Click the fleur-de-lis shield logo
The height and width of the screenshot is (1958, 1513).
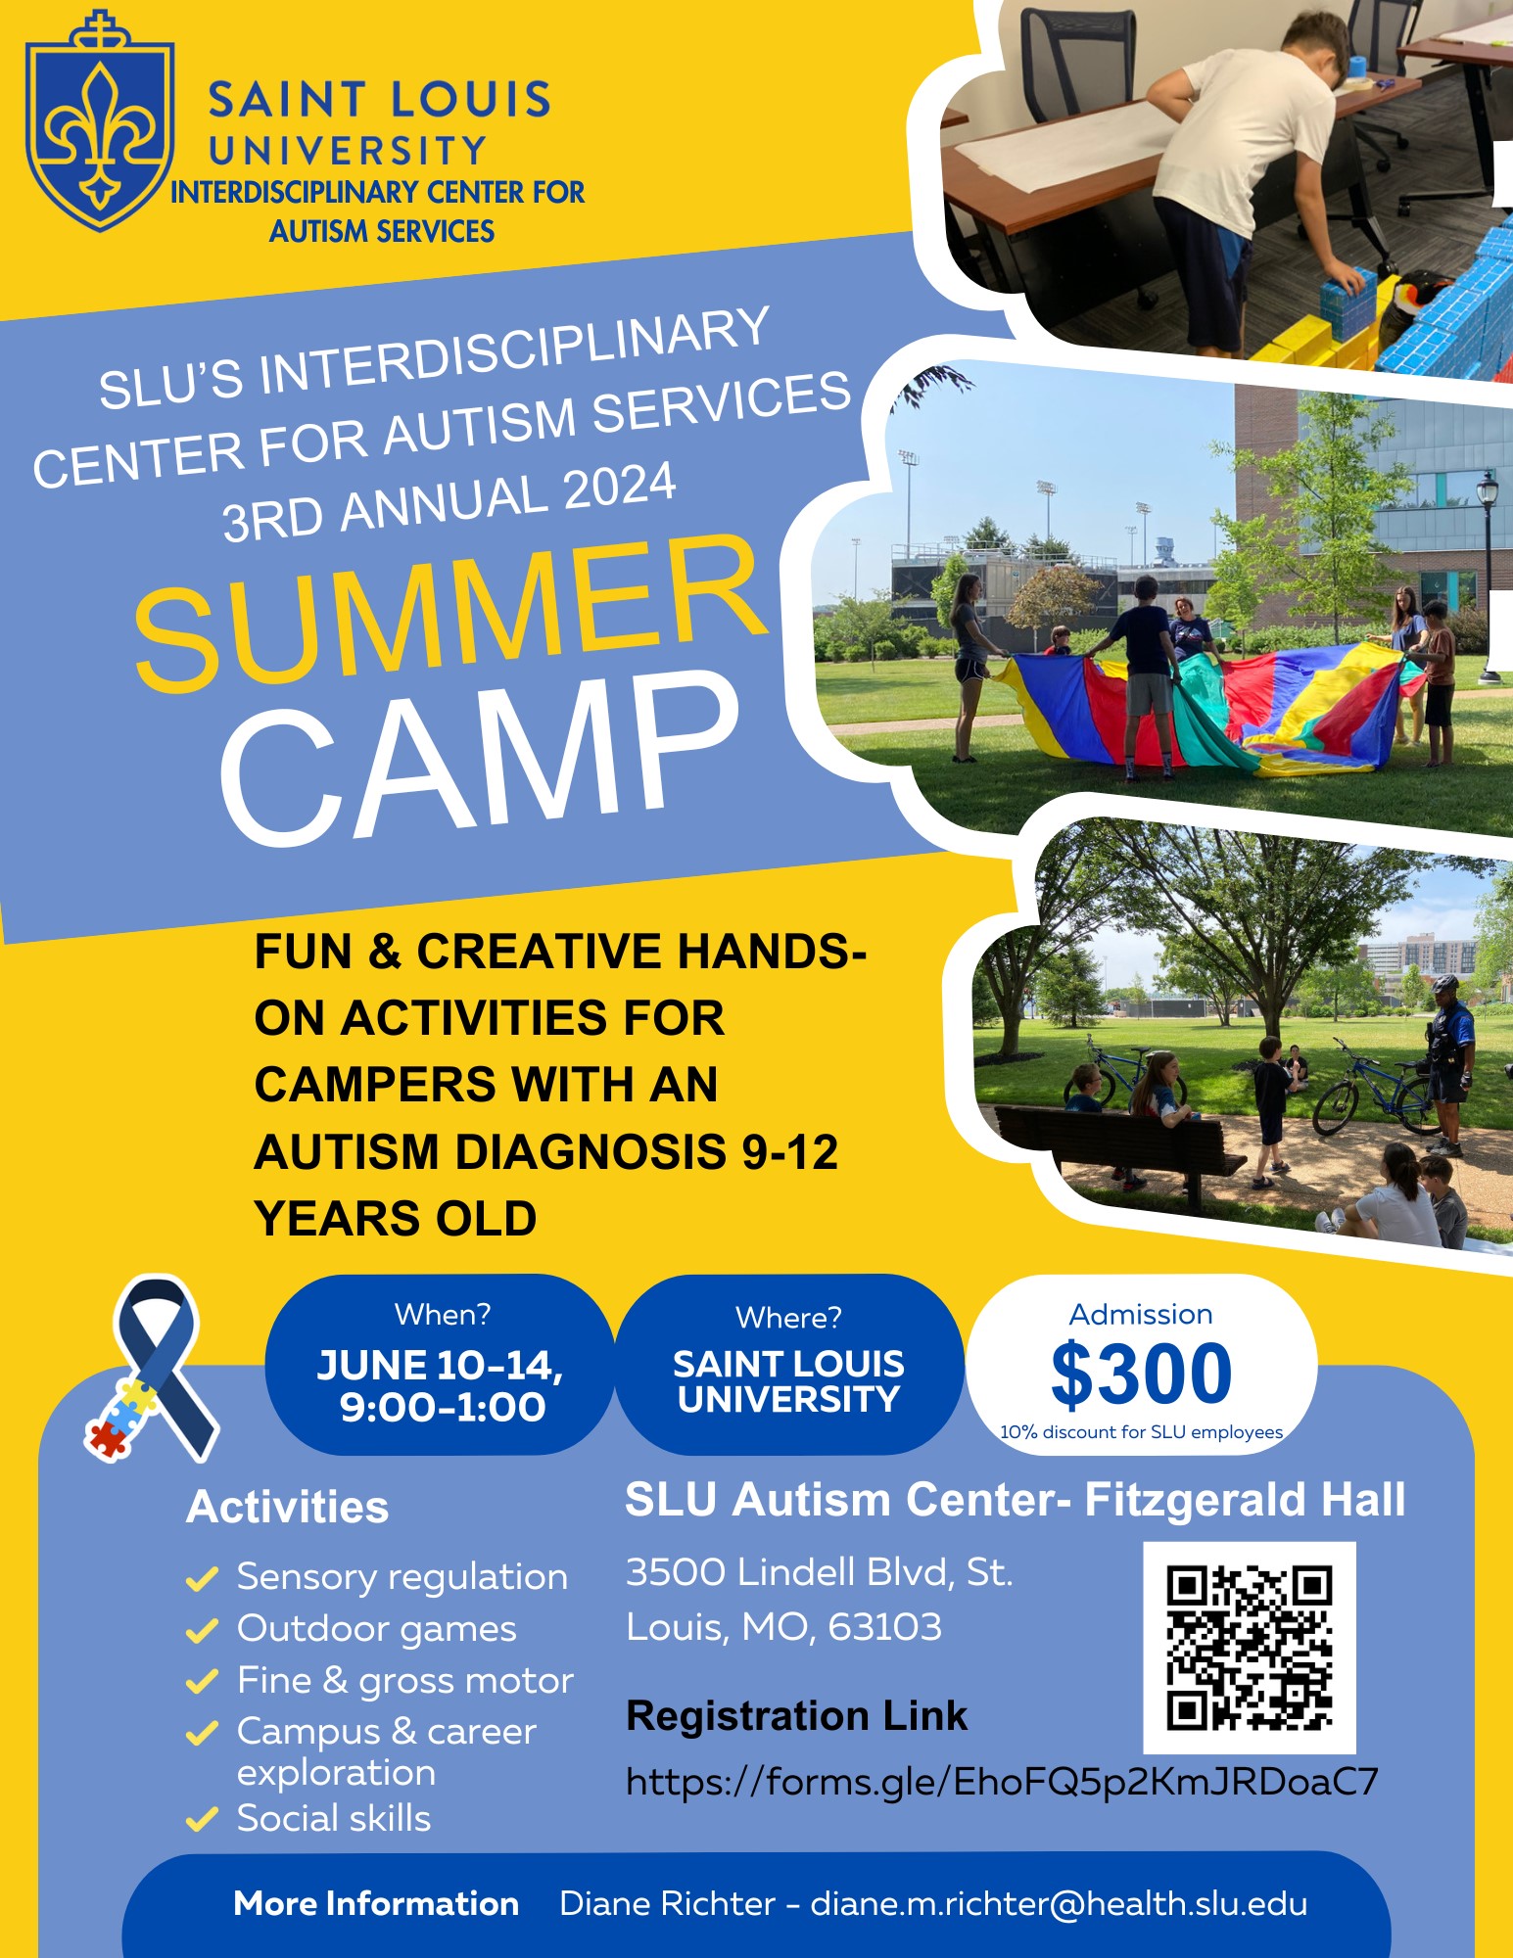pos(100,121)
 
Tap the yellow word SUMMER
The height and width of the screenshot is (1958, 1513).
pos(450,613)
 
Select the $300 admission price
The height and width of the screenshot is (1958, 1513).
pos(1141,1373)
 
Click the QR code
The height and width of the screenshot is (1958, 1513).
pos(1250,1648)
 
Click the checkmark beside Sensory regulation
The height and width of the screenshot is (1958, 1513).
pos(201,1578)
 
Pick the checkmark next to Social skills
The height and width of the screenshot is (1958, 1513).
pos(201,1819)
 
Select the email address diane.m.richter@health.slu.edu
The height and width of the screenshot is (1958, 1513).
pos(1059,1903)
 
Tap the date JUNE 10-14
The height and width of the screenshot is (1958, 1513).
pos(440,1365)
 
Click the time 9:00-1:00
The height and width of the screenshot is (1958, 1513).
pos(443,1407)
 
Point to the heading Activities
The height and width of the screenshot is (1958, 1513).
pos(287,1507)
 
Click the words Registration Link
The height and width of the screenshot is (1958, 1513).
pos(796,1715)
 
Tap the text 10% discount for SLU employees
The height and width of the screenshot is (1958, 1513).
pos(1141,1432)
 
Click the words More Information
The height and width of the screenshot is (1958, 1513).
pos(376,1903)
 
